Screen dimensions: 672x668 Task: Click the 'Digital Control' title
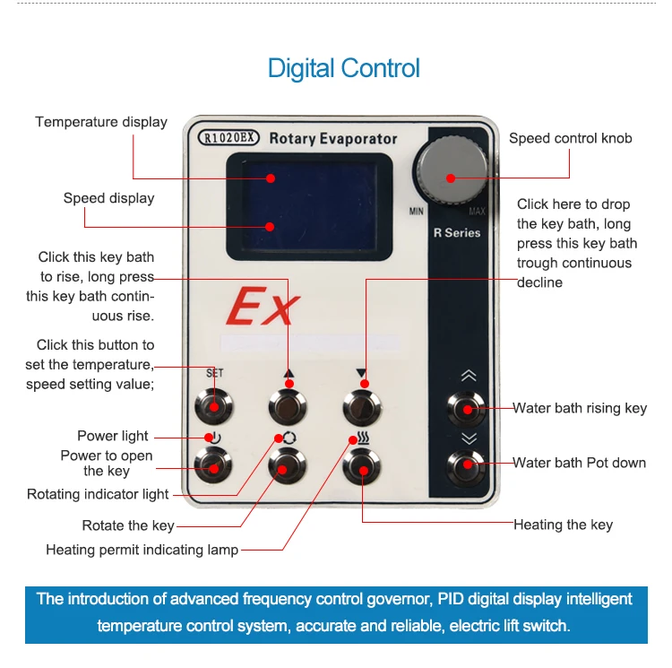[x=343, y=68]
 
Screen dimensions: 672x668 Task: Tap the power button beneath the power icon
[x=212, y=465]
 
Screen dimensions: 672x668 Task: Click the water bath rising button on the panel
[x=468, y=409]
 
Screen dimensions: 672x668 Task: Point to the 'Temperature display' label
[x=101, y=122]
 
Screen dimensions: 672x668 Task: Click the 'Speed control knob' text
[x=570, y=138]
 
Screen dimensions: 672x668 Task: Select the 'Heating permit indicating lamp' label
[x=142, y=550]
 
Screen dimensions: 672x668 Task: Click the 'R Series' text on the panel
[x=457, y=233]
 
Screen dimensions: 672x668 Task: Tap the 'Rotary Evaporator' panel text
[x=332, y=139]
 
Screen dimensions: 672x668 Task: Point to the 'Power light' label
[x=113, y=437]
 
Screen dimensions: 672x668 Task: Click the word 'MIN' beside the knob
[x=417, y=212]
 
